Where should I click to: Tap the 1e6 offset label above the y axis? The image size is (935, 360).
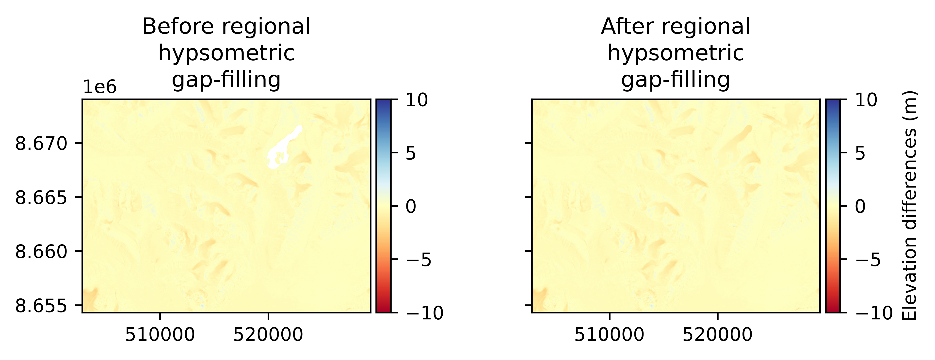point(100,87)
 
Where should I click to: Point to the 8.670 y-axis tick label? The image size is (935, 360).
point(41,144)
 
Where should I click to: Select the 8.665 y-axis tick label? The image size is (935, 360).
point(41,198)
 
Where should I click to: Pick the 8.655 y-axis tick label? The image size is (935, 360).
point(41,306)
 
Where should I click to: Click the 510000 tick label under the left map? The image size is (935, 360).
point(160,335)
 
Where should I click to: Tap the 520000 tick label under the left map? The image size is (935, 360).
point(268,335)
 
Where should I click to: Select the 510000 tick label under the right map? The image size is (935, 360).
point(609,335)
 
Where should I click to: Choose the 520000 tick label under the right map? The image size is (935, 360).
point(718,335)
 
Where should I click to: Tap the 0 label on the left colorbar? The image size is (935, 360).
point(411,207)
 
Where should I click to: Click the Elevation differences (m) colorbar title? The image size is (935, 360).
point(910,206)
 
